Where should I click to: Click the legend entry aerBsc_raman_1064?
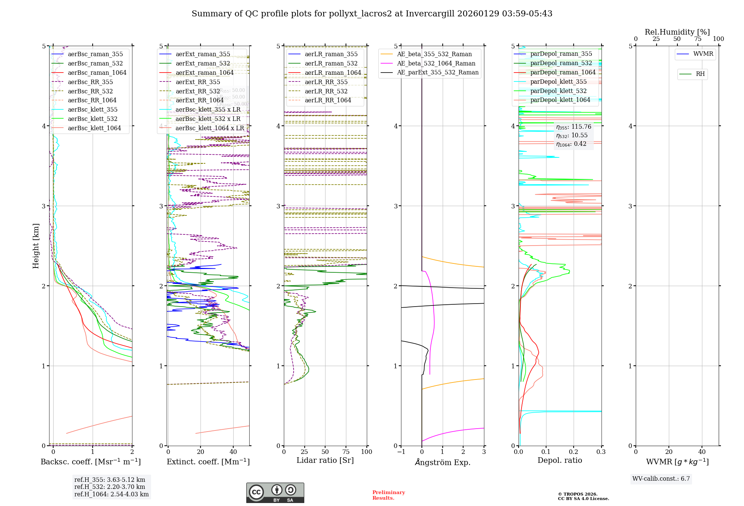tap(97, 73)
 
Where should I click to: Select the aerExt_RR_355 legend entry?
tap(198, 82)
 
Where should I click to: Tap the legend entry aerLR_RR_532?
tap(326, 91)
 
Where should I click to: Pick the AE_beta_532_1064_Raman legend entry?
tap(436, 63)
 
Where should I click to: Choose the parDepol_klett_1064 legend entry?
tap(560, 100)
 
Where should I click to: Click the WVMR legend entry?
tap(703, 54)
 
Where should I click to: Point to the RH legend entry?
tap(700, 74)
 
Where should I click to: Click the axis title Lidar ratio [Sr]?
tap(325, 460)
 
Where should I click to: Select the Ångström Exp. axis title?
tap(443, 462)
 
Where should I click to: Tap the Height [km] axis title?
tap(36, 246)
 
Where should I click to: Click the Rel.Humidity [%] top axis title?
tap(677, 32)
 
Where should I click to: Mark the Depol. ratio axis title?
tap(559, 460)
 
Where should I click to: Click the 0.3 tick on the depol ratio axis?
tap(601, 452)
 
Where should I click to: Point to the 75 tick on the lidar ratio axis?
tap(346, 452)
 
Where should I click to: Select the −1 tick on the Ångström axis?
tap(401, 452)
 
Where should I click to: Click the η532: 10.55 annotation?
tap(572, 135)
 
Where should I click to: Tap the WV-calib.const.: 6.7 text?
tap(661, 478)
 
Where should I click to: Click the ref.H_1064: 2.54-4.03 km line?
tap(111, 494)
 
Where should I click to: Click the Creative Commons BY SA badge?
tap(275, 493)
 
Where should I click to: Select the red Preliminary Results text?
tap(388, 495)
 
